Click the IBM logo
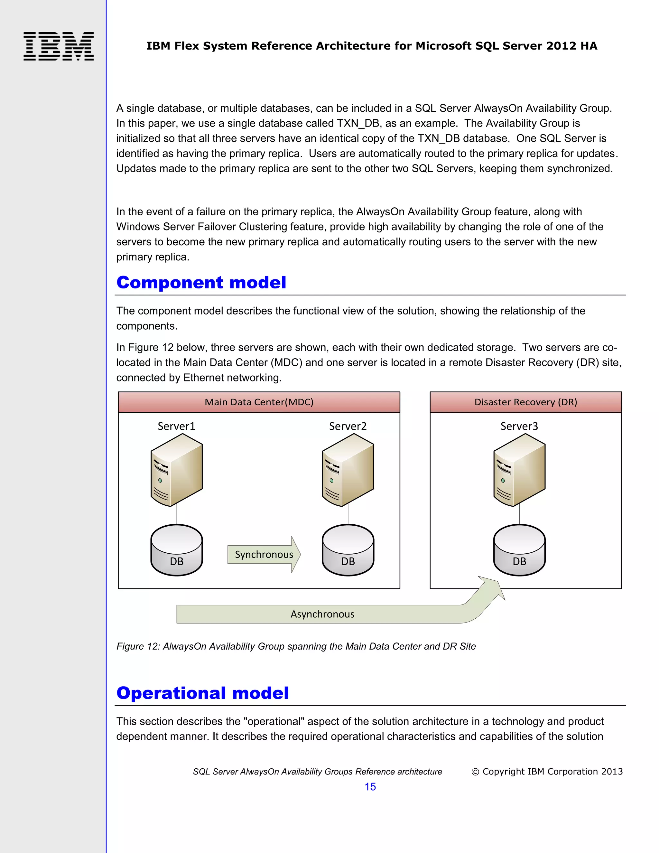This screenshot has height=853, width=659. (x=59, y=46)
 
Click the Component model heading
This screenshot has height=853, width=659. (x=201, y=282)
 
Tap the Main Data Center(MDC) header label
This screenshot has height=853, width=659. (x=259, y=402)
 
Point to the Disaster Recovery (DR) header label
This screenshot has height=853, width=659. (x=525, y=402)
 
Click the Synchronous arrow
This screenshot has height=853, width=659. (x=264, y=554)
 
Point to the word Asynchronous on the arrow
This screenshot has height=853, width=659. (x=322, y=614)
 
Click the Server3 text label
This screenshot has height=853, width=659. (x=519, y=426)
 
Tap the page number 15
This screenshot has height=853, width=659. (x=370, y=787)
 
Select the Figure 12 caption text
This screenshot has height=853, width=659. (x=296, y=646)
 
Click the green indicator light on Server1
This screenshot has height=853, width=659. (x=160, y=480)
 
